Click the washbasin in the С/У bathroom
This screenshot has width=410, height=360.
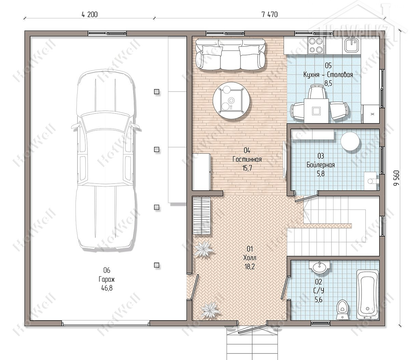[319, 267]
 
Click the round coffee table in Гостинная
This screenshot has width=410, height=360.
[232, 101]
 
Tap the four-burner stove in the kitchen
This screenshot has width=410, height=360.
[316, 45]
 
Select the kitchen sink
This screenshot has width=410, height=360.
[352, 45]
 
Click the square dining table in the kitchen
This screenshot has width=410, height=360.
[316, 110]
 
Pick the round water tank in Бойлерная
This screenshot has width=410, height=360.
[350, 141]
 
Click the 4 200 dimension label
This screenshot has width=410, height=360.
[90, 15]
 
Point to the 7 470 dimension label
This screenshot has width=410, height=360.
[270, 15]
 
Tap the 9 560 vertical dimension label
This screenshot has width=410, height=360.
[397, 178]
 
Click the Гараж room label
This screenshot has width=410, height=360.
[107, 280]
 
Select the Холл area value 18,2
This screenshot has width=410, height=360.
[249, 267]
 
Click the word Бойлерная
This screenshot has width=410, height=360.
[320, 165]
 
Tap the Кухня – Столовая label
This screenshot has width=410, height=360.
[328, 75]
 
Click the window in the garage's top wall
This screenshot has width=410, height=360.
[107, 33]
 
